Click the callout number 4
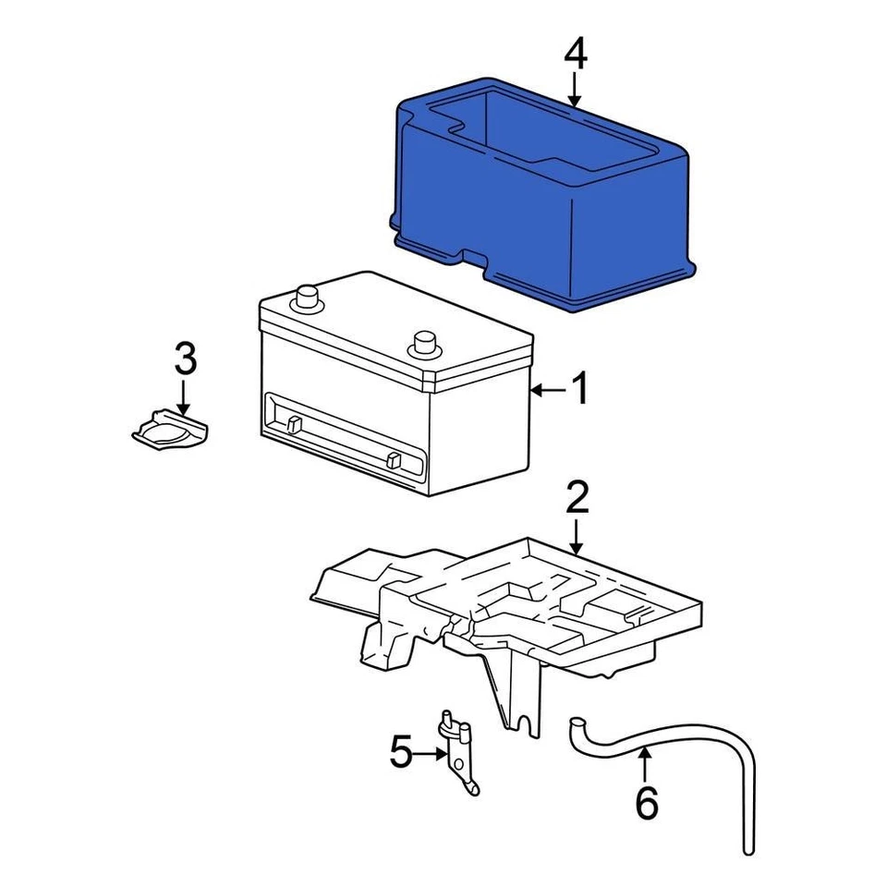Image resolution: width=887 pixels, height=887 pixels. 575,55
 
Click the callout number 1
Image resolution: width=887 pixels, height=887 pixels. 579,391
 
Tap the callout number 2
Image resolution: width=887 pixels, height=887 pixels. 577,498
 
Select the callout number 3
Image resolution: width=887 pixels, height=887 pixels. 185,358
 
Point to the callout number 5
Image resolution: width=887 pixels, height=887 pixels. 400,753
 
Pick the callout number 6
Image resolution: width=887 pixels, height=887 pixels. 646,803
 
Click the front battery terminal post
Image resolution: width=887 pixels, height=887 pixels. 424,343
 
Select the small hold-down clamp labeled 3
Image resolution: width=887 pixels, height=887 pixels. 168,431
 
